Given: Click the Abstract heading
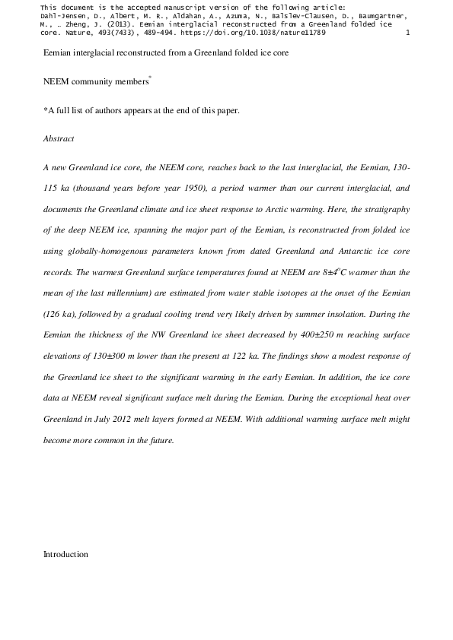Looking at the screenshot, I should click(x=59, y=139).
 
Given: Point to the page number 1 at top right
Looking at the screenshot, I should click(x=409, y=33).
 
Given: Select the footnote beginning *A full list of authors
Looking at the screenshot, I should click(x=142, y=110).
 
